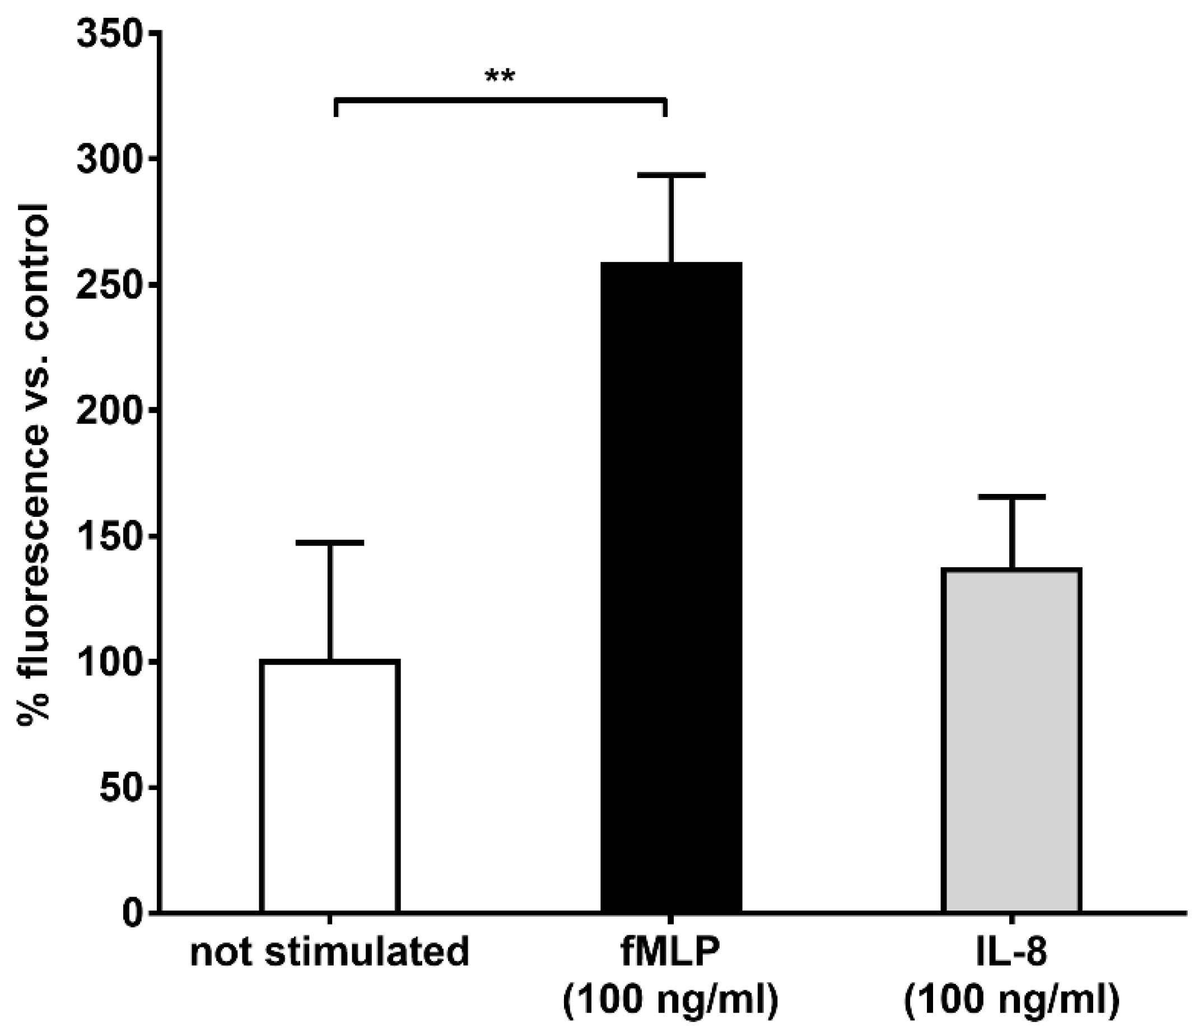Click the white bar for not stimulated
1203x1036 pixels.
coord(330,786)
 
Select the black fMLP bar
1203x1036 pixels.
coord(671,586)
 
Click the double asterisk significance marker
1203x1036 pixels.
coord(500,76)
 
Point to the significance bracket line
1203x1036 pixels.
coord(500,101)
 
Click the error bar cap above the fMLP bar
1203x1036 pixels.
coord(671,175)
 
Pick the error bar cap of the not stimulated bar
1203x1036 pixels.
coord(330,543)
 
